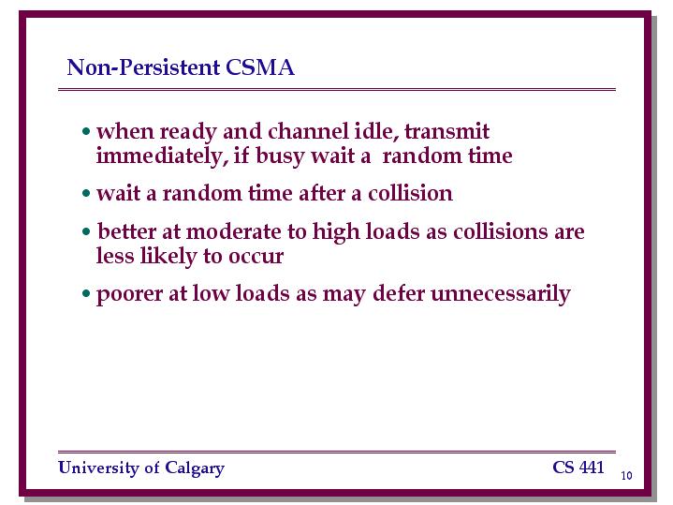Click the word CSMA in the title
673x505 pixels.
[259, 67]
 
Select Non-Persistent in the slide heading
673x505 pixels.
[143, 67]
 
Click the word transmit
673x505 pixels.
[446, 131]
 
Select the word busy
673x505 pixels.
[280, 156]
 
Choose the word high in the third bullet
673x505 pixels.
[336, 232]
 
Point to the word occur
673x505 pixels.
[256, 257]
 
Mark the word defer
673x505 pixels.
[399, 293]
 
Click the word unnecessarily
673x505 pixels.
[501, 295]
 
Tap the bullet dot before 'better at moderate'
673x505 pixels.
[86, 232]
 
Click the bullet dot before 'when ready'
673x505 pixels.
[86, 131]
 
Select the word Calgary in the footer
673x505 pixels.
[195, 468]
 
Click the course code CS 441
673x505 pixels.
[578, 468]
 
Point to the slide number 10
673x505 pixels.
[626, 475]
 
